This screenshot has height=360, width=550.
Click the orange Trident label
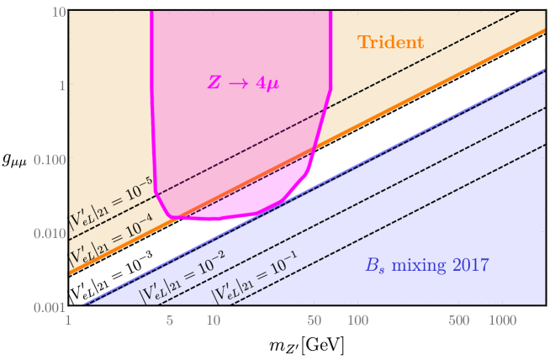click(x=390, y=43)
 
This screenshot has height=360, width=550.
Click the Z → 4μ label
click(x=243, y=82)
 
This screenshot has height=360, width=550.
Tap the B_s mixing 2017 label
click(x=426, y=266)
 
